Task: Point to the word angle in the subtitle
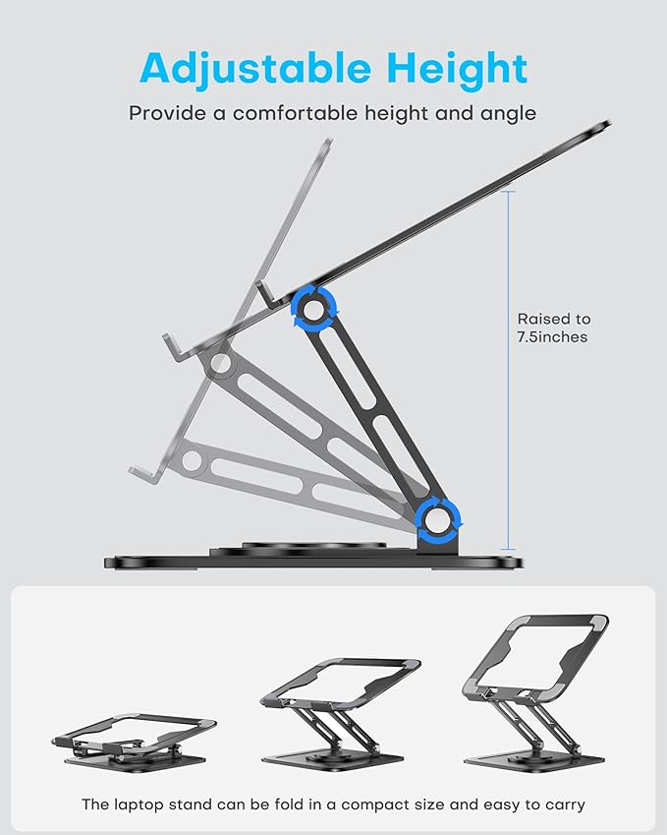(506, 113)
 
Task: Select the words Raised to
(555, 319)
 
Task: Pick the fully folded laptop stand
(135, 739)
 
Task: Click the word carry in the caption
(562, 805)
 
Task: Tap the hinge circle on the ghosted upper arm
(221, 365)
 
